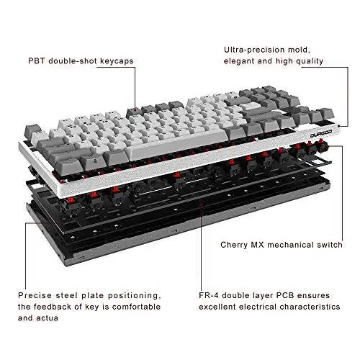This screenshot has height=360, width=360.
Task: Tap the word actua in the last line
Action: tap(58, 318)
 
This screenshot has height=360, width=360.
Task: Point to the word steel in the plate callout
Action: tap(73, 295)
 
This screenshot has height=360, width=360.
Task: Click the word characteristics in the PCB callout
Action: tap(316, 307)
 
